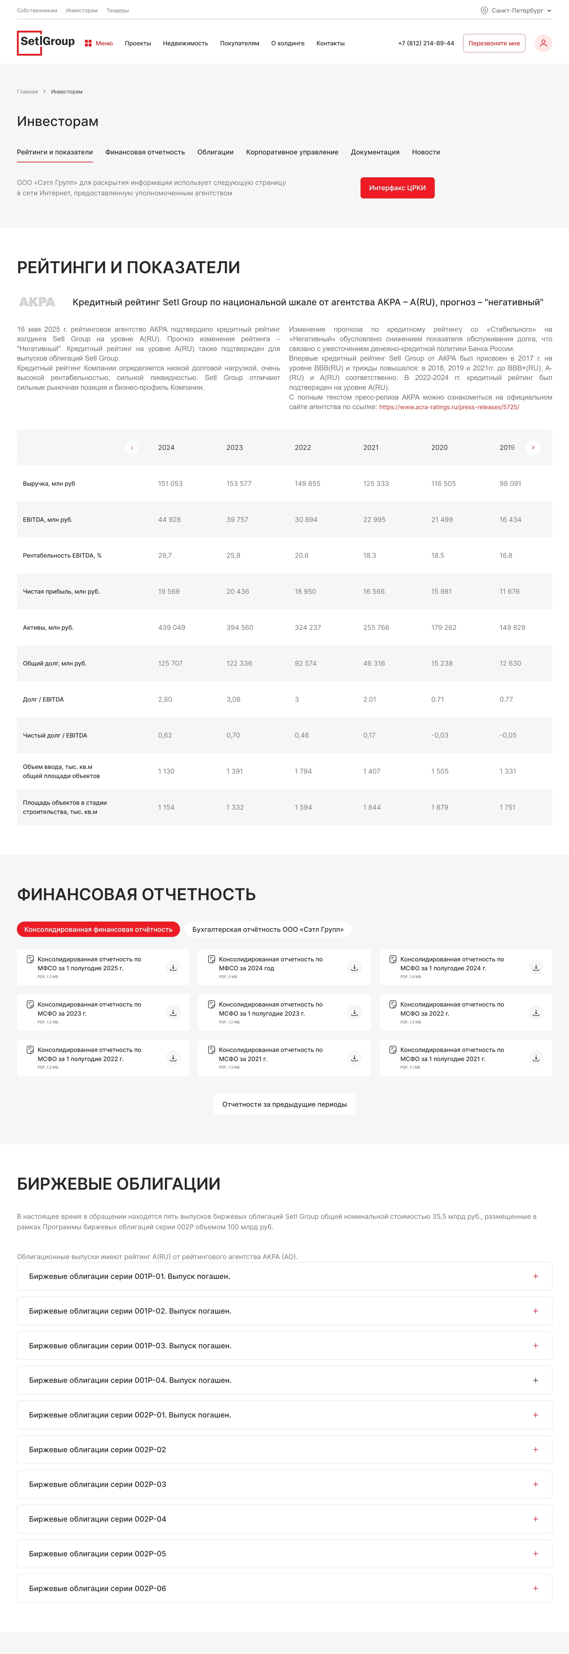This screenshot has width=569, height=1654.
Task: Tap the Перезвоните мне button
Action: tap(494, 43)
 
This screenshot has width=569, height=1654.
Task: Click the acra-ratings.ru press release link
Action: tap(449, 407)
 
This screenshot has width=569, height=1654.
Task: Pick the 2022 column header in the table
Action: tap(303, 447)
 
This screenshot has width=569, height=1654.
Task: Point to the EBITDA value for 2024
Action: tap(169, 520)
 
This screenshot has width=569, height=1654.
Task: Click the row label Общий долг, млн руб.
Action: tap(54, 663)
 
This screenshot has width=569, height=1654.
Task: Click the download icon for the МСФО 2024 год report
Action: tap(354, 967)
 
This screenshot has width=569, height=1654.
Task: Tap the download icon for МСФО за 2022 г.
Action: tap(536, 1013)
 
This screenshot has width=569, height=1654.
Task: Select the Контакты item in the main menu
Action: tap(330, 43)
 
